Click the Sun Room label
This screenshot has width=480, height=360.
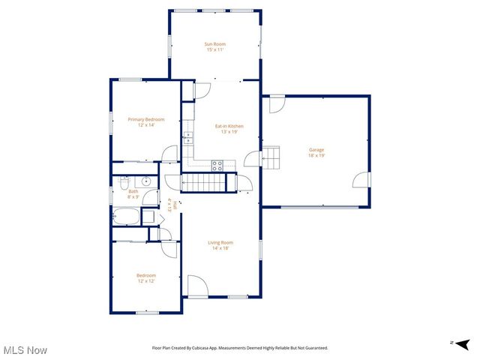coord(215,44)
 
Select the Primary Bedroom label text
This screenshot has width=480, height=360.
coord(145,119)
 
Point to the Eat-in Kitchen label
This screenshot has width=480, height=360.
coord(229,126)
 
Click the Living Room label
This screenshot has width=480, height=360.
coord(220,242)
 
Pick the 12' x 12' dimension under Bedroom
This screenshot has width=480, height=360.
coord(145,281)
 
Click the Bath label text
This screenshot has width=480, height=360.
coord(133,191)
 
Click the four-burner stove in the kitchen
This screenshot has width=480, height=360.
coord(217,166)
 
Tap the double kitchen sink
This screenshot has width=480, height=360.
coord(188,138)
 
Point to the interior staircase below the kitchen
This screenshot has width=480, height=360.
coord(205,182)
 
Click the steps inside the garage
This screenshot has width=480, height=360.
coord(271,157)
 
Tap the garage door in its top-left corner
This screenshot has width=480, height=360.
coord(277,103)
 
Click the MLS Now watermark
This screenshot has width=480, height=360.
coord(25,350)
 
